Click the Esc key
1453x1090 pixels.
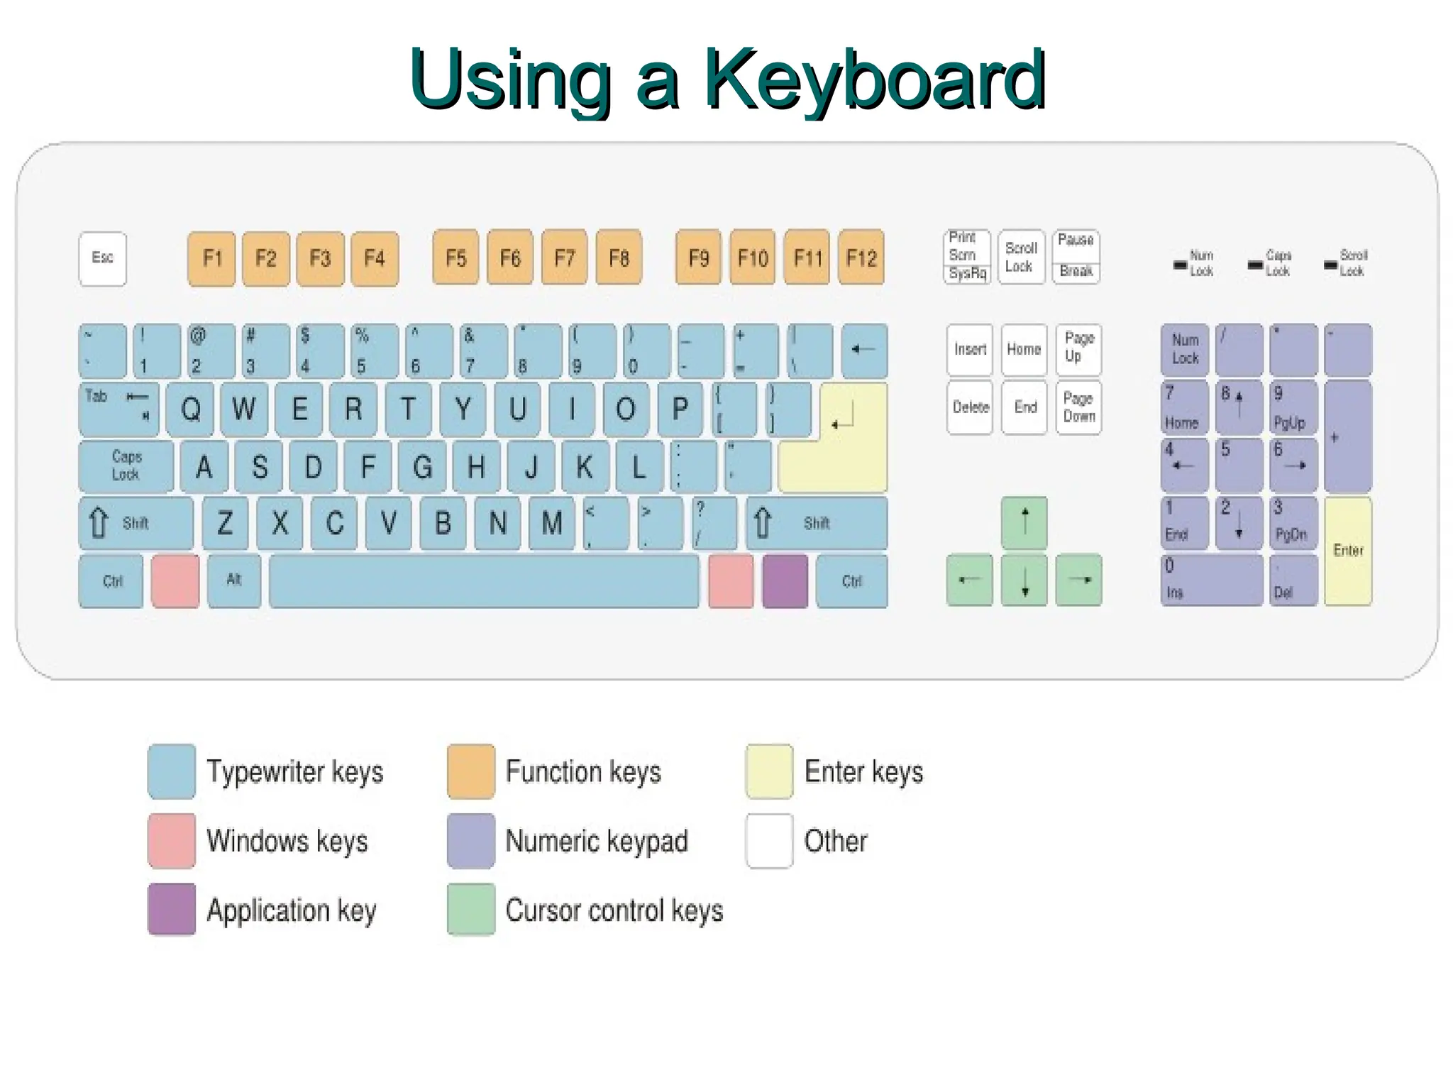coord(103,258)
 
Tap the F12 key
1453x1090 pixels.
coord(861,257)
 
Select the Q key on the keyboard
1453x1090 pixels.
coord(190,409)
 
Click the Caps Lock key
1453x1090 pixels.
coord(126,466)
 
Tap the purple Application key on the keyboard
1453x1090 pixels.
coord(785,581)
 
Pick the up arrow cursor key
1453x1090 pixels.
coord(1024,523)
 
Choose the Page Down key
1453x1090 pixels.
coord(1078,408)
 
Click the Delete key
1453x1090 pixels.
coord(970,408)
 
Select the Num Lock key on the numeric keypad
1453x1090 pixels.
coord(1184,350)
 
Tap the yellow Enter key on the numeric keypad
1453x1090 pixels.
coord(1348,551)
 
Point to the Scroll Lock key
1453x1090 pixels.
coord(1021,257)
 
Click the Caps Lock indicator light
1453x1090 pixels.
coord(1255,265)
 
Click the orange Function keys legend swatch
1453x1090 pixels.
coord(471,771)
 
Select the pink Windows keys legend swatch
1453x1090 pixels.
coord(172,841)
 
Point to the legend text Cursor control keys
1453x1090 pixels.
coord(614,910)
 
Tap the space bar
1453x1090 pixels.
coord(484,581)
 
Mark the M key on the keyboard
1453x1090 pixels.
coord(552,524)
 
